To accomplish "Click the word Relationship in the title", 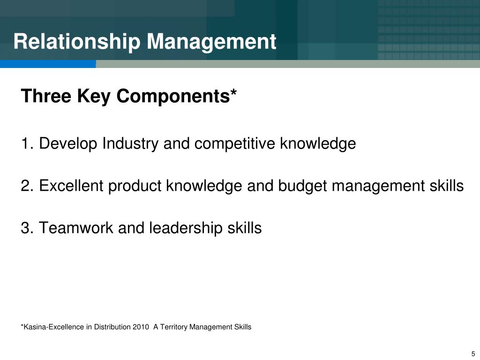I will [x=76, y=42].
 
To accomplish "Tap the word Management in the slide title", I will [x=211, y=42].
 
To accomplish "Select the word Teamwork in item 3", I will [x=76, y=228].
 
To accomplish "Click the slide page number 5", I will [x=473, y=354].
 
